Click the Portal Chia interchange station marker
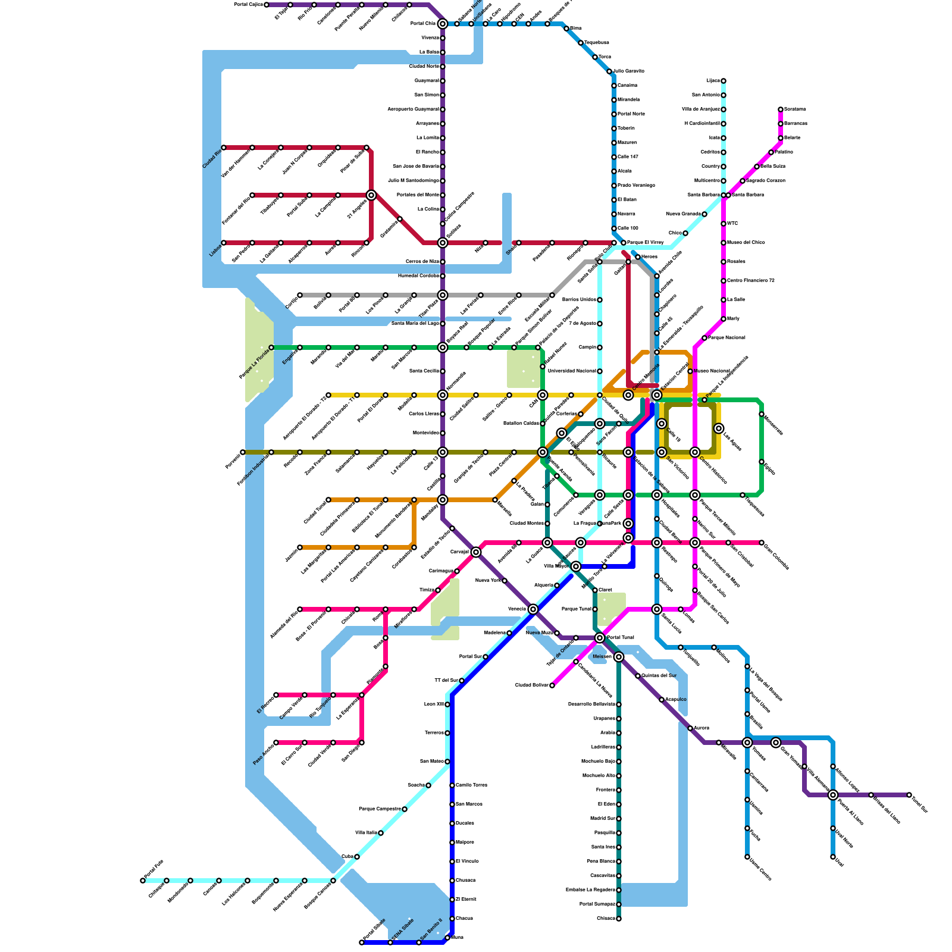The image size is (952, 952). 442,24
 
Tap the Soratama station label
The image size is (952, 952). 795,109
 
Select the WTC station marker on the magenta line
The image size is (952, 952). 724,224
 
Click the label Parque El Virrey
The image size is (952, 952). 645,243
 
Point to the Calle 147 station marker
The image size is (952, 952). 614,157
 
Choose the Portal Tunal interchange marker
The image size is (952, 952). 600,638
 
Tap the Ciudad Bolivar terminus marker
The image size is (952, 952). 552,685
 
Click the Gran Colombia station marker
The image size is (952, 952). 762,543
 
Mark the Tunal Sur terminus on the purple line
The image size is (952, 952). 909,795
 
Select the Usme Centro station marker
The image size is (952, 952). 747,857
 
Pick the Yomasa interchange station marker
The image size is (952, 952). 747,743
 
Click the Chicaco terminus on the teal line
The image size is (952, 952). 619,919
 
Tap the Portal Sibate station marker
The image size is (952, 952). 362,942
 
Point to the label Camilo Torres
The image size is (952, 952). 471,785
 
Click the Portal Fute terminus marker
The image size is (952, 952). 143,881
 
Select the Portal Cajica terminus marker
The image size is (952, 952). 267,5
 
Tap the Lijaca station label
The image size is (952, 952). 713,81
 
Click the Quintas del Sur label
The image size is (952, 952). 659,676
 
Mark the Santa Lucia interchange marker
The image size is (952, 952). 657,609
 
